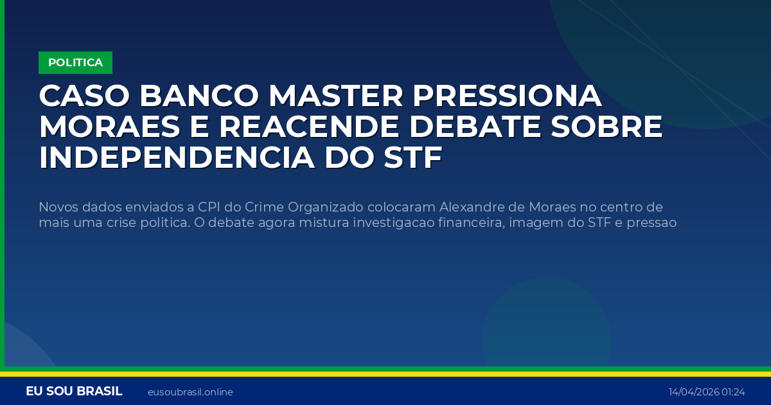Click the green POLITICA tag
[75, 62]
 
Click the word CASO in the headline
[83, 96]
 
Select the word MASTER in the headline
[335, 96]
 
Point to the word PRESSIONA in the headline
[507, 96]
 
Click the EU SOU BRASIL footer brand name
[74, 392]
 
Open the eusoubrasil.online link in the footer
[190, 392]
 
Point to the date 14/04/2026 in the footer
[693, 392]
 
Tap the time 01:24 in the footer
[733, 392]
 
